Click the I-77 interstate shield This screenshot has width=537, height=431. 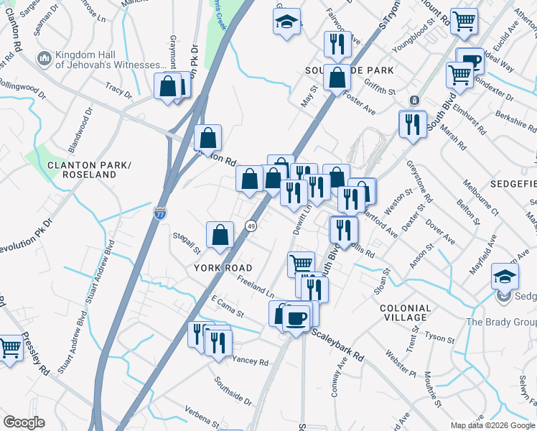161,213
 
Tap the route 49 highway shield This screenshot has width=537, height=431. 251,226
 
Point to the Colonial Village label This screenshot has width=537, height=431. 405,312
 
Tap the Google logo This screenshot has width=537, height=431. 24,422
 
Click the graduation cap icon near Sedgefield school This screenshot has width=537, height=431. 505,276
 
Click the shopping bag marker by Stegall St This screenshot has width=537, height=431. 220,235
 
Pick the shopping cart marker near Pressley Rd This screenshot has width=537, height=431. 10,349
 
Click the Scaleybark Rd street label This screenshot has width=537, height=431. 338,344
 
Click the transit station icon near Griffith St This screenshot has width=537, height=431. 414,100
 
